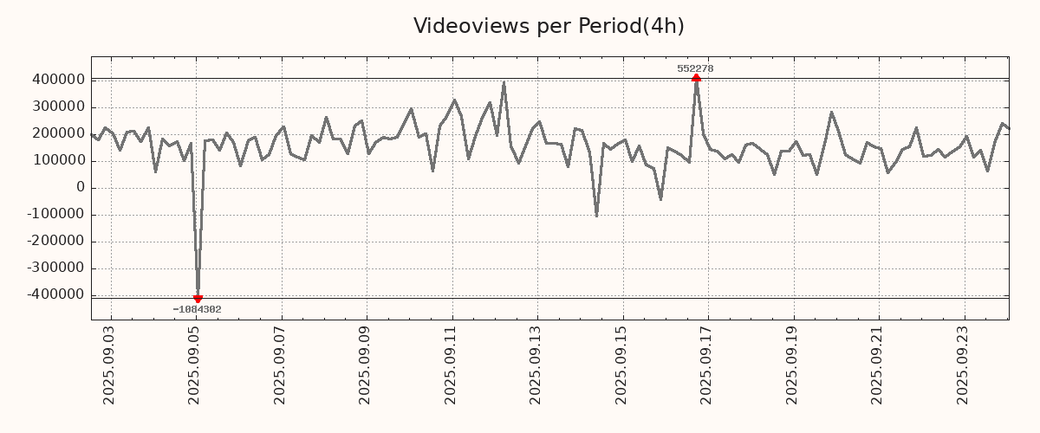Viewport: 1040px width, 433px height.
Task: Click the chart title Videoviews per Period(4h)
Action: point(549,26)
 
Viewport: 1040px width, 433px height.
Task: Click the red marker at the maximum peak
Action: point(696,79)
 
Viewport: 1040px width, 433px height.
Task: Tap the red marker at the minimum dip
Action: point(198,299)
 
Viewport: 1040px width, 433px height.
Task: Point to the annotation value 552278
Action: point(695,68)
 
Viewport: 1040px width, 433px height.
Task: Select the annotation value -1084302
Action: point(197,310)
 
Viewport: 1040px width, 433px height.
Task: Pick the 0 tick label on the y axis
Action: point(81,188)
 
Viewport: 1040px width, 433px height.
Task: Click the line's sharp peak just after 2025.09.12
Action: point(504,83)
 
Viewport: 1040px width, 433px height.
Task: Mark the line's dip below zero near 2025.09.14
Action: point(596,216)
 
